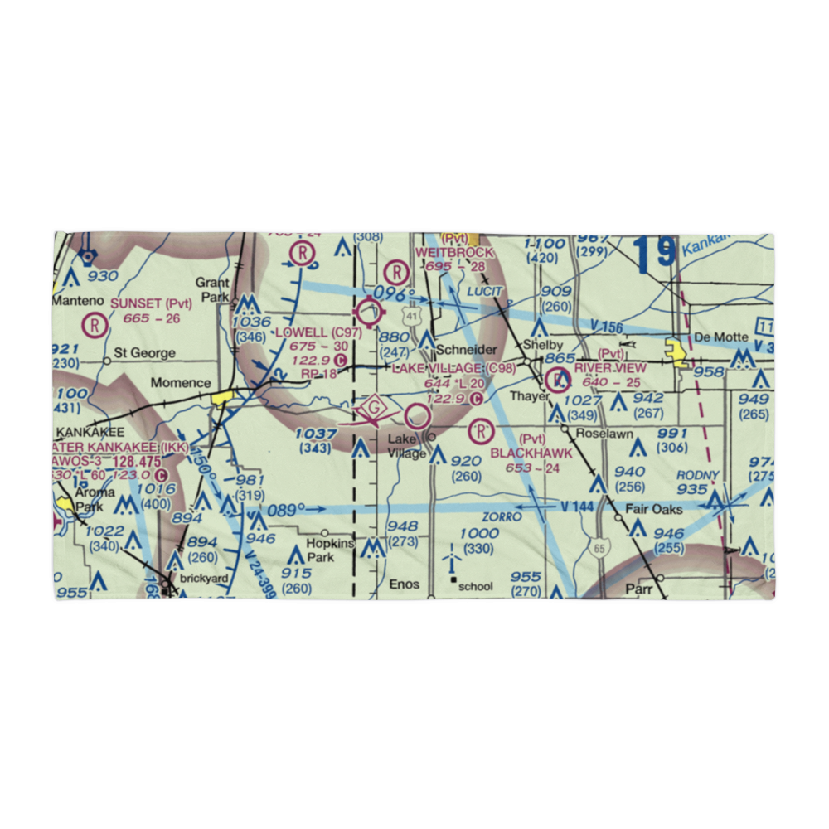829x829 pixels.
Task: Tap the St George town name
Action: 145,353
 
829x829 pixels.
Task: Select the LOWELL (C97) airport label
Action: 318,332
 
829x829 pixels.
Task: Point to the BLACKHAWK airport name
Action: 531,453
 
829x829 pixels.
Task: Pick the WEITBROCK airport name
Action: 454,252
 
